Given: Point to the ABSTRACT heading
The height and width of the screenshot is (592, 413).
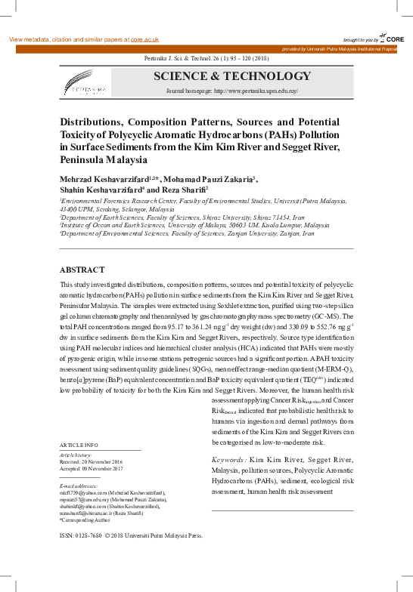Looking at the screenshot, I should point(82,270).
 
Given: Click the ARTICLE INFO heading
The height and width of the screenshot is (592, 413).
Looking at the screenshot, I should point(79,446).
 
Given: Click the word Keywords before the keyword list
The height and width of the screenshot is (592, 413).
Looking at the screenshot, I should point(227,460).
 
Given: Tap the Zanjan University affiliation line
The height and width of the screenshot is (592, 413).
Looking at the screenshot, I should point(178,233).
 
